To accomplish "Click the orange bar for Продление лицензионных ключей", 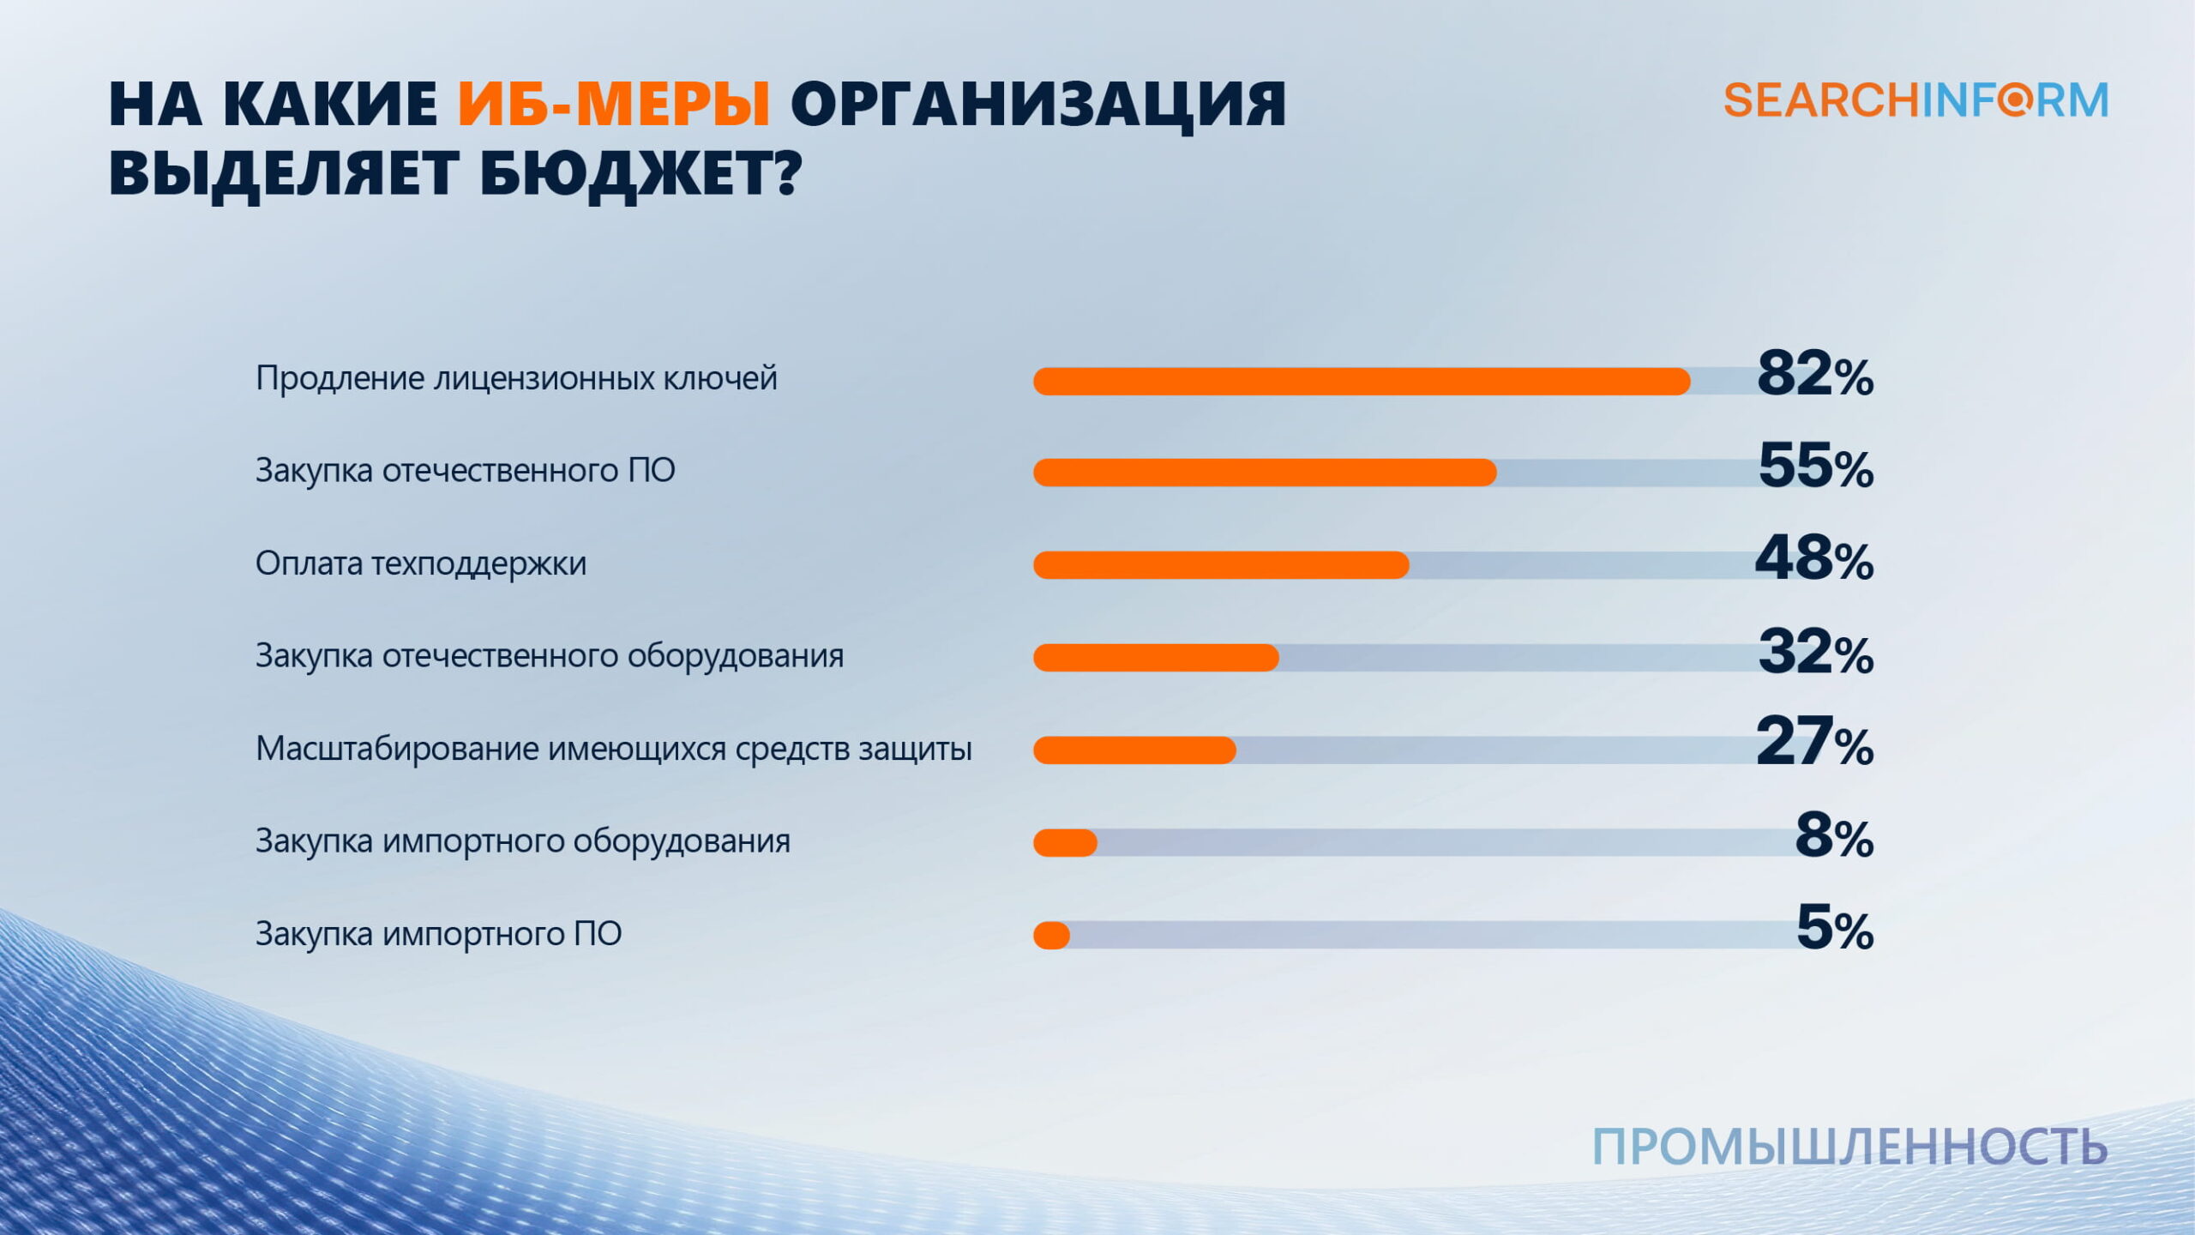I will [1362, 381].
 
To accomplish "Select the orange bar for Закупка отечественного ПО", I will [1265, 473].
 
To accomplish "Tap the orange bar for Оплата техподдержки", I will [1221, 565].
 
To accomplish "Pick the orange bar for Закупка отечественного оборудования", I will [1156, 658].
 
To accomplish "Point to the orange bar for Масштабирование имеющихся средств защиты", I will [1134, 750].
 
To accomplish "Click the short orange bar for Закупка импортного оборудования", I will [1065, 843].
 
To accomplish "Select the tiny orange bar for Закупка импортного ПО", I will [1052, 936].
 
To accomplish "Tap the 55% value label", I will [1815, 467].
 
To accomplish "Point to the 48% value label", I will [1813, 559].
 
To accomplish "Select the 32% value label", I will [1815, 652].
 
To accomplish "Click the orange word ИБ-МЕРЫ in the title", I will [614, 105].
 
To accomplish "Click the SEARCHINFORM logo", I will [1915, 100].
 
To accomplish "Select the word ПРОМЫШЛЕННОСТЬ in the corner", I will [1849, 1147].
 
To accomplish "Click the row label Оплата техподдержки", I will [421, 563].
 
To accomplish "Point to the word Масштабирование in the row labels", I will [397, 749].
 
